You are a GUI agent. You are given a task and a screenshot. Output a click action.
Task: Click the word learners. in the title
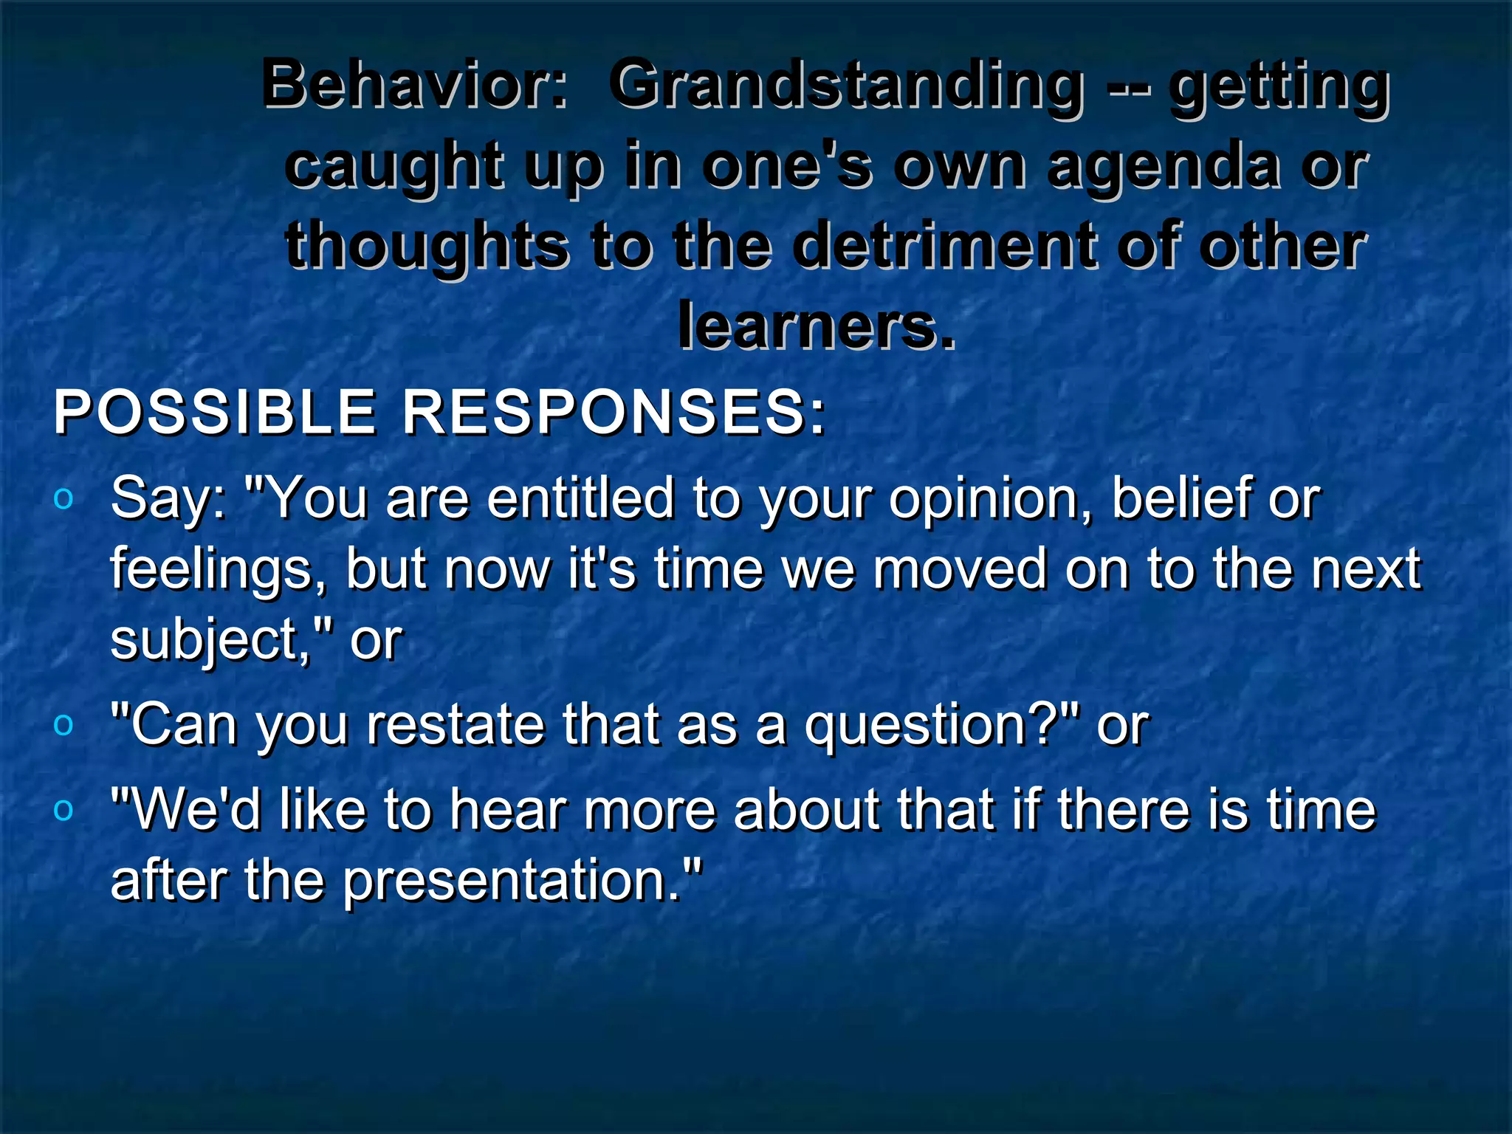point(816,326)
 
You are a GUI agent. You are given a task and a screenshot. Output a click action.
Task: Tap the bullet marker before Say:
point(64,499)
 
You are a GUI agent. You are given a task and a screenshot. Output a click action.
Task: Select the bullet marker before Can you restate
point(64,725)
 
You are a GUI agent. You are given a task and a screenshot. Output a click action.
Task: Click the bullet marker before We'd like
point(64,810)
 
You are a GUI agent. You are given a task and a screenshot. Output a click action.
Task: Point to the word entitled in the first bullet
point(580,498)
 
